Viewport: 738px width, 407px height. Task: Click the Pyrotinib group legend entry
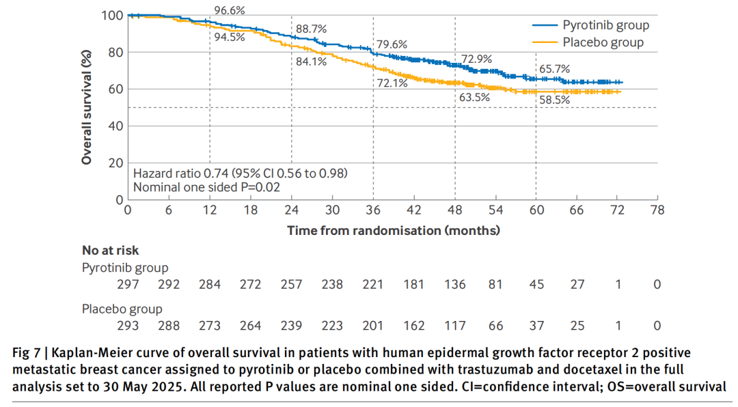[605, 25]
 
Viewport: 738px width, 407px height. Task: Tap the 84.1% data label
[311, 61]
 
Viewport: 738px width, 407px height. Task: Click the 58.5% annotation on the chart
[554, 100]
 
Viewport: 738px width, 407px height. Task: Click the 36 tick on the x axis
[373, 210]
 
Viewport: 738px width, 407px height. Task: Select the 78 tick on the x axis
[657, 210]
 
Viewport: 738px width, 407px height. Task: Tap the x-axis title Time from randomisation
[393, 230]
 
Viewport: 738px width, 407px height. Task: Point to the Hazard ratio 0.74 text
[244, 173]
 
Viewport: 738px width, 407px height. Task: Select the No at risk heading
[111, 251]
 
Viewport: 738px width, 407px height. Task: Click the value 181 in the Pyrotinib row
[414, 283]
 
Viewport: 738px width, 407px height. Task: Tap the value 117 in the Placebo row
[455, 326]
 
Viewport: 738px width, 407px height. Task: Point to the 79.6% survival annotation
[392, 44]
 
